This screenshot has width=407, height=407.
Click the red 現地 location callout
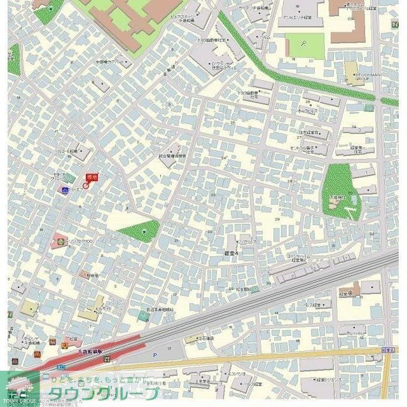tap(92, 178)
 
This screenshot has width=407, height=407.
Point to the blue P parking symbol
tap(154, 355)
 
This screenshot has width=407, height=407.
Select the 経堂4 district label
tap(231, 252)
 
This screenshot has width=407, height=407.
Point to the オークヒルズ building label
tap(308, 110)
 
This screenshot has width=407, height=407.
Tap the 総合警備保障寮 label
tap(172, 156)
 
